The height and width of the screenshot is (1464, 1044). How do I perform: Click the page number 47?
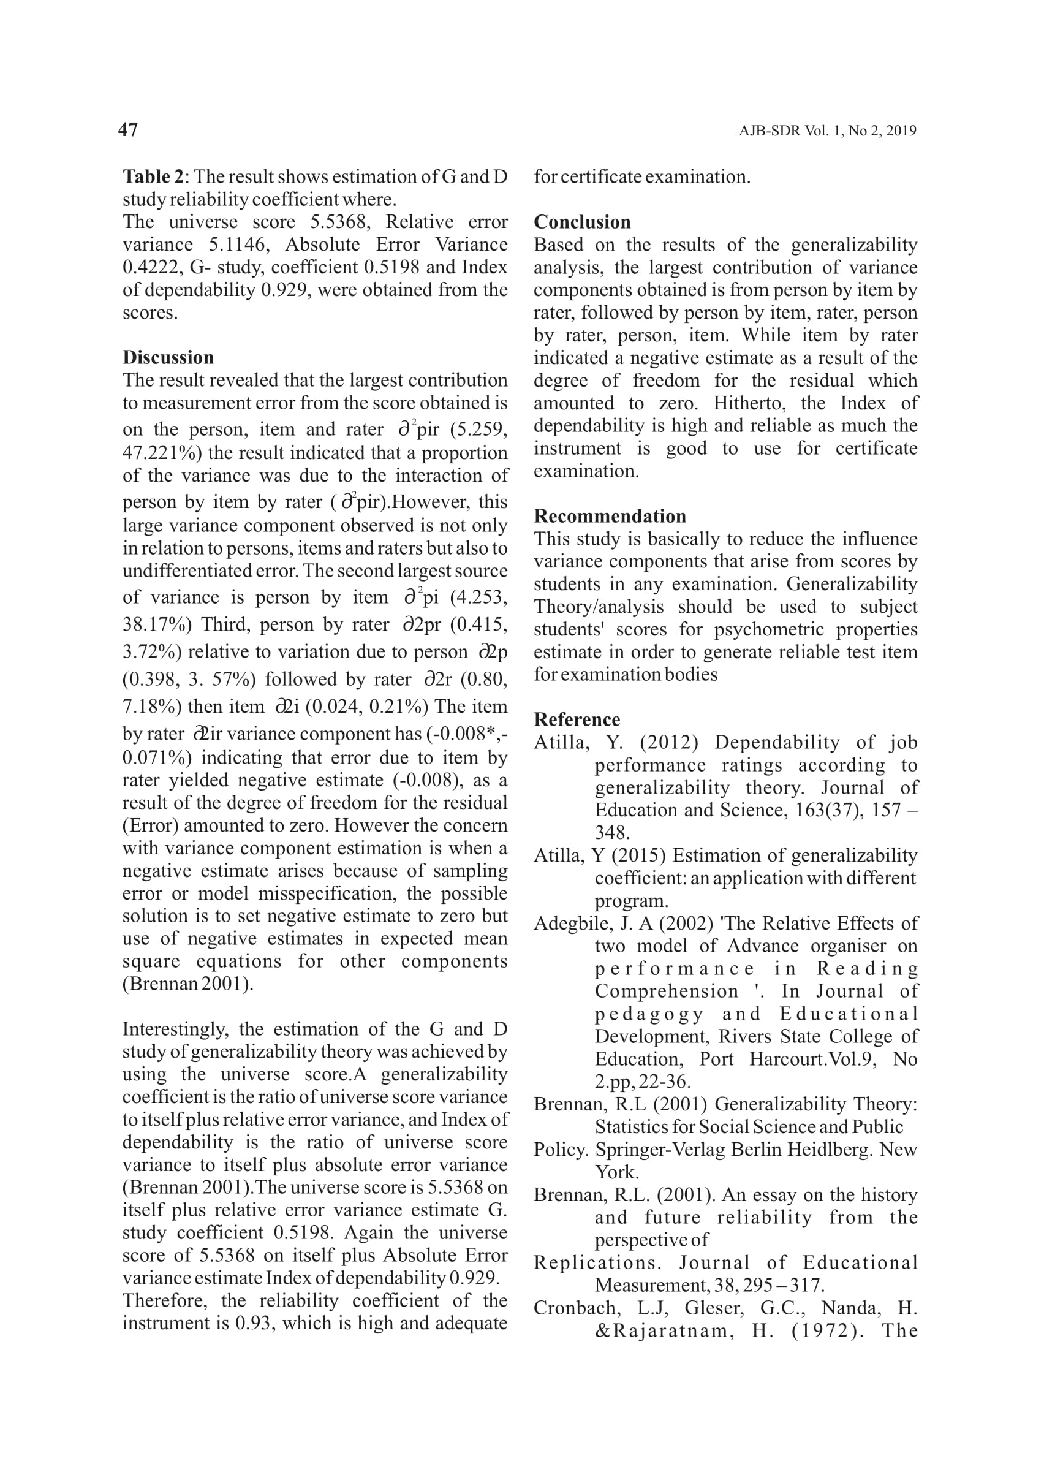pos(128,130)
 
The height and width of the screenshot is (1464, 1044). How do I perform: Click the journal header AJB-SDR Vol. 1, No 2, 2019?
pos(826,131)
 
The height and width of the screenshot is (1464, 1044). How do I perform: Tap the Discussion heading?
pos(168,357)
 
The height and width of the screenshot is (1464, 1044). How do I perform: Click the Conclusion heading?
pos(582,222)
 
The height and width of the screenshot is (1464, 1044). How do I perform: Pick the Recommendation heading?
pos(610,515)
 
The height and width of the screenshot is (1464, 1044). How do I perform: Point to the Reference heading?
pos(577,719)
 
